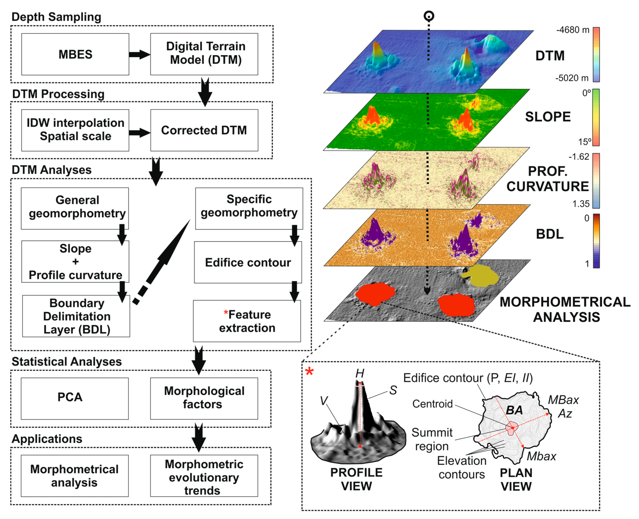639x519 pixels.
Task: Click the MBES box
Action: pyautogui.click(x=75, y=54)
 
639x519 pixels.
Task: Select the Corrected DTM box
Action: pyautogui.click(x=204, y=130)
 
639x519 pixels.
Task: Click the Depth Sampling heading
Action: pyautogui.click(x=56, y=17)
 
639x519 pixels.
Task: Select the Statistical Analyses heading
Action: pyautogui.click(x=66, y=362)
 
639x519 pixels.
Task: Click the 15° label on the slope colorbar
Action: pyautogui.click(x=585, y=142)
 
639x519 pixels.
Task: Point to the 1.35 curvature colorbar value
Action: pyautogui.click(x=581, y=204)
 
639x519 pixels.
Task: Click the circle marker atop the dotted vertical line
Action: pyautogui.click(x=429, y=16)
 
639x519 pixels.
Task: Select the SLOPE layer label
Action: pyautogui.click(x=548, y=117)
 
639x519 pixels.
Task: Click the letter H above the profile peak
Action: pyautogui.click(x=360, y=373)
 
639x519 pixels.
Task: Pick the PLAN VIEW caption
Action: pyautogui.click(x=516, y=479)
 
